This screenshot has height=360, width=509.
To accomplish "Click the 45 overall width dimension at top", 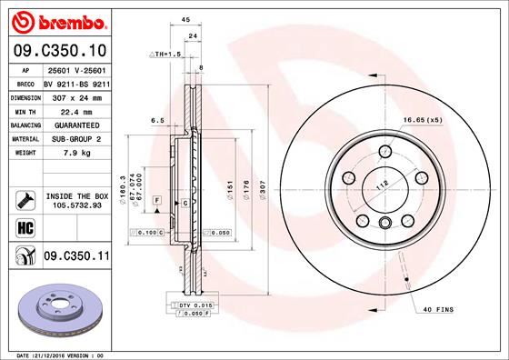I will point(185,19).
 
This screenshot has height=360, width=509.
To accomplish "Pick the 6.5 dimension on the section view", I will point(156,119).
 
